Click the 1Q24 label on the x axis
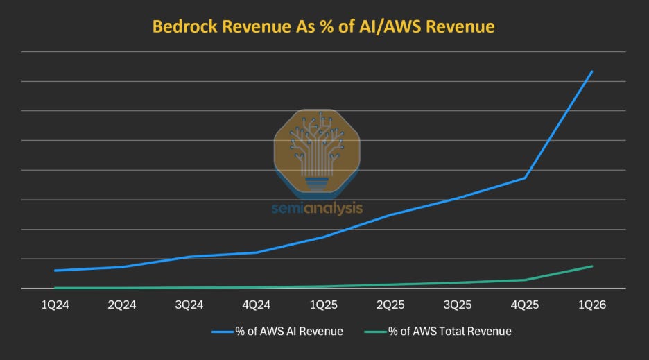pos(55,305)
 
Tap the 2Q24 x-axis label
pos(122,305)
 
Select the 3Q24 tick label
pos(189,305)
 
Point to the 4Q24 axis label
pos(257,305)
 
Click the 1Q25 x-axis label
pos(324,305)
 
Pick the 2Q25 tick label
pos(390,305)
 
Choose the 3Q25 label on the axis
pos(458,305)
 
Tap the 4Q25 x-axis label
pos(525,305)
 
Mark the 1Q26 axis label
pos(592,305)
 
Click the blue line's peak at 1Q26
pos(592,71)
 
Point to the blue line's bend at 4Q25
pos(525,178)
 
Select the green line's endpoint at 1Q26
pos(592,266)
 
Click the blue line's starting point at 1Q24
pos(55,271)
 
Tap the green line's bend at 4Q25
pos(525,280)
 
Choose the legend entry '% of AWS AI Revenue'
pos(277,332)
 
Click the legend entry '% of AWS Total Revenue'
pos(438,332)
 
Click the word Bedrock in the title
pos(184,26)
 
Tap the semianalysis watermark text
pos(317,208)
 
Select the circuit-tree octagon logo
pos(317,151)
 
